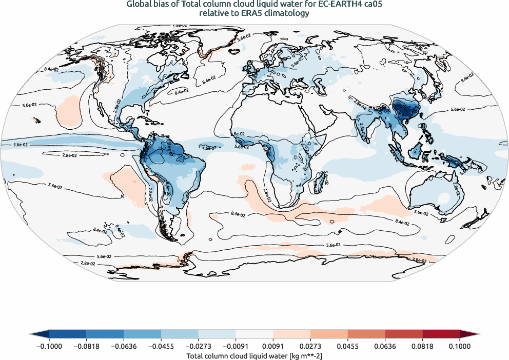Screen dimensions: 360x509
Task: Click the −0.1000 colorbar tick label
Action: pos(49,346)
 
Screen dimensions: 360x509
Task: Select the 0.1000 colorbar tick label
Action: pos(460,346)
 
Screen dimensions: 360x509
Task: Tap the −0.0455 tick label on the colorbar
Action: pos(161,346)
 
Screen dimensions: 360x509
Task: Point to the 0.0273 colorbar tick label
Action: pos(310,346)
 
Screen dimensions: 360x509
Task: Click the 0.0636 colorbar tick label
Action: pos(385,346)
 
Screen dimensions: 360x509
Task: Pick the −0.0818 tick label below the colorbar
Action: pos(86,346)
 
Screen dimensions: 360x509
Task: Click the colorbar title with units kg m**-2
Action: pos(254,355)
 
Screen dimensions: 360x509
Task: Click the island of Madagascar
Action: pos(322,181)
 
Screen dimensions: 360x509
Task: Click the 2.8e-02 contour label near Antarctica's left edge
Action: pos(88,263)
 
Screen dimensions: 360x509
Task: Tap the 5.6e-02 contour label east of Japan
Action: pos(457,109)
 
